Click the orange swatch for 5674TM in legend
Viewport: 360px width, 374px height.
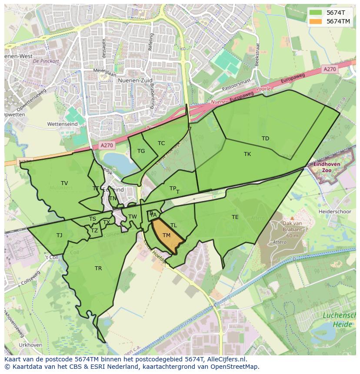pos(316,21)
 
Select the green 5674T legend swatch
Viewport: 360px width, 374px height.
pos(316,13)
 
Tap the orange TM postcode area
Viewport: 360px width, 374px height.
pos(167,237)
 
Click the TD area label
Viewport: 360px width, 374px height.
pos(265,139)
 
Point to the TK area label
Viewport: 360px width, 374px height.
pos(247,154)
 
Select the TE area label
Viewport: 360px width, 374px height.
pos(235,217)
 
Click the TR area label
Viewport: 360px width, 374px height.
pos(98,268)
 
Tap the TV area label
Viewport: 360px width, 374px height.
pos(64,183)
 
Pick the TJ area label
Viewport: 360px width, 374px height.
pos(59,235)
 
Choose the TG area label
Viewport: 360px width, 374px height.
pos(141,151)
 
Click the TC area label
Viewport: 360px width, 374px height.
pos(161,143)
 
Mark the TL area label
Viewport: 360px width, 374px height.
pos(173,225)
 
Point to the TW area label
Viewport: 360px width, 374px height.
pos(133,217)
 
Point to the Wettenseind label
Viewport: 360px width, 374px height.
pos(62,124)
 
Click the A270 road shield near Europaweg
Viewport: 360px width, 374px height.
pos(330,69)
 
